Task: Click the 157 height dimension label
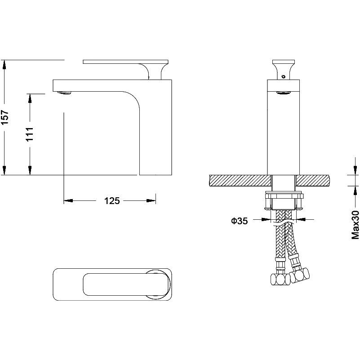5,117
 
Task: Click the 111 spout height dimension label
30,134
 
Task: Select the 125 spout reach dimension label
112,200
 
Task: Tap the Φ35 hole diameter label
240,221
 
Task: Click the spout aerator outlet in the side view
64,93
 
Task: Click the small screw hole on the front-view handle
283,76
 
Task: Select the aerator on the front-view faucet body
284,93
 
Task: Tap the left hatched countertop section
240,180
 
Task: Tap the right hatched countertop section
313,180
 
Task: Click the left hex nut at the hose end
280,279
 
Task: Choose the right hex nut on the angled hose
299,274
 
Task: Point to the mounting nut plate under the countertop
284,196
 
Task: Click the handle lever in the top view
126,284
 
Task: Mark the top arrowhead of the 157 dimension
4,65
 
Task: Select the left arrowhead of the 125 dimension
68,200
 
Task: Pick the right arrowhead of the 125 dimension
151,200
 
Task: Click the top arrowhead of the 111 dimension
30,98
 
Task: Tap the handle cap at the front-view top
284,62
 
